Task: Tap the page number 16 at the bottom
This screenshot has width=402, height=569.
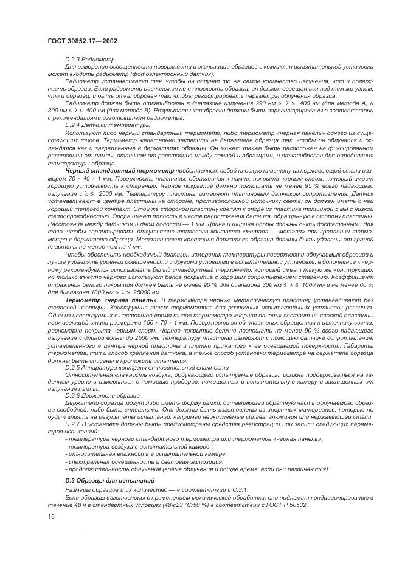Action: (x=51, y=516)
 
